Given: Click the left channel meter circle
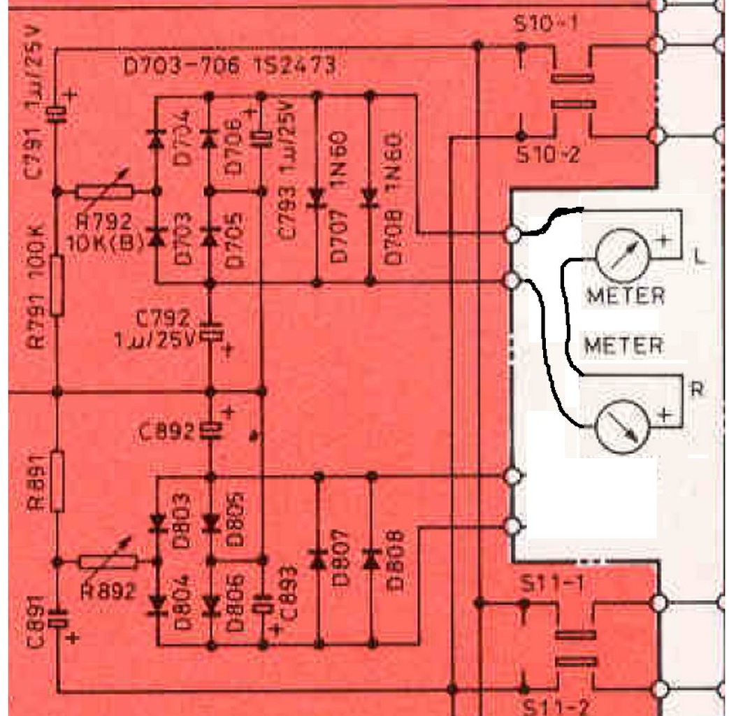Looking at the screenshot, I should [x=622, y=255].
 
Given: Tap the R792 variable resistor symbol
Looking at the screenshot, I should [x=105, y=191].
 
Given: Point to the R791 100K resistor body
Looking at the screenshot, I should [x=57, y=285].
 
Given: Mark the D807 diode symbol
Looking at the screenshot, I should [x=318, y=557].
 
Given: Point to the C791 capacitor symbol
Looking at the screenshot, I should [x=57, y=113].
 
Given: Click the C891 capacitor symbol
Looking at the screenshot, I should [x=57, y=618].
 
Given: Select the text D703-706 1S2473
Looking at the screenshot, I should [x=229, y=66].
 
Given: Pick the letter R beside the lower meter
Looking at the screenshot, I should [x=696, y=389].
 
